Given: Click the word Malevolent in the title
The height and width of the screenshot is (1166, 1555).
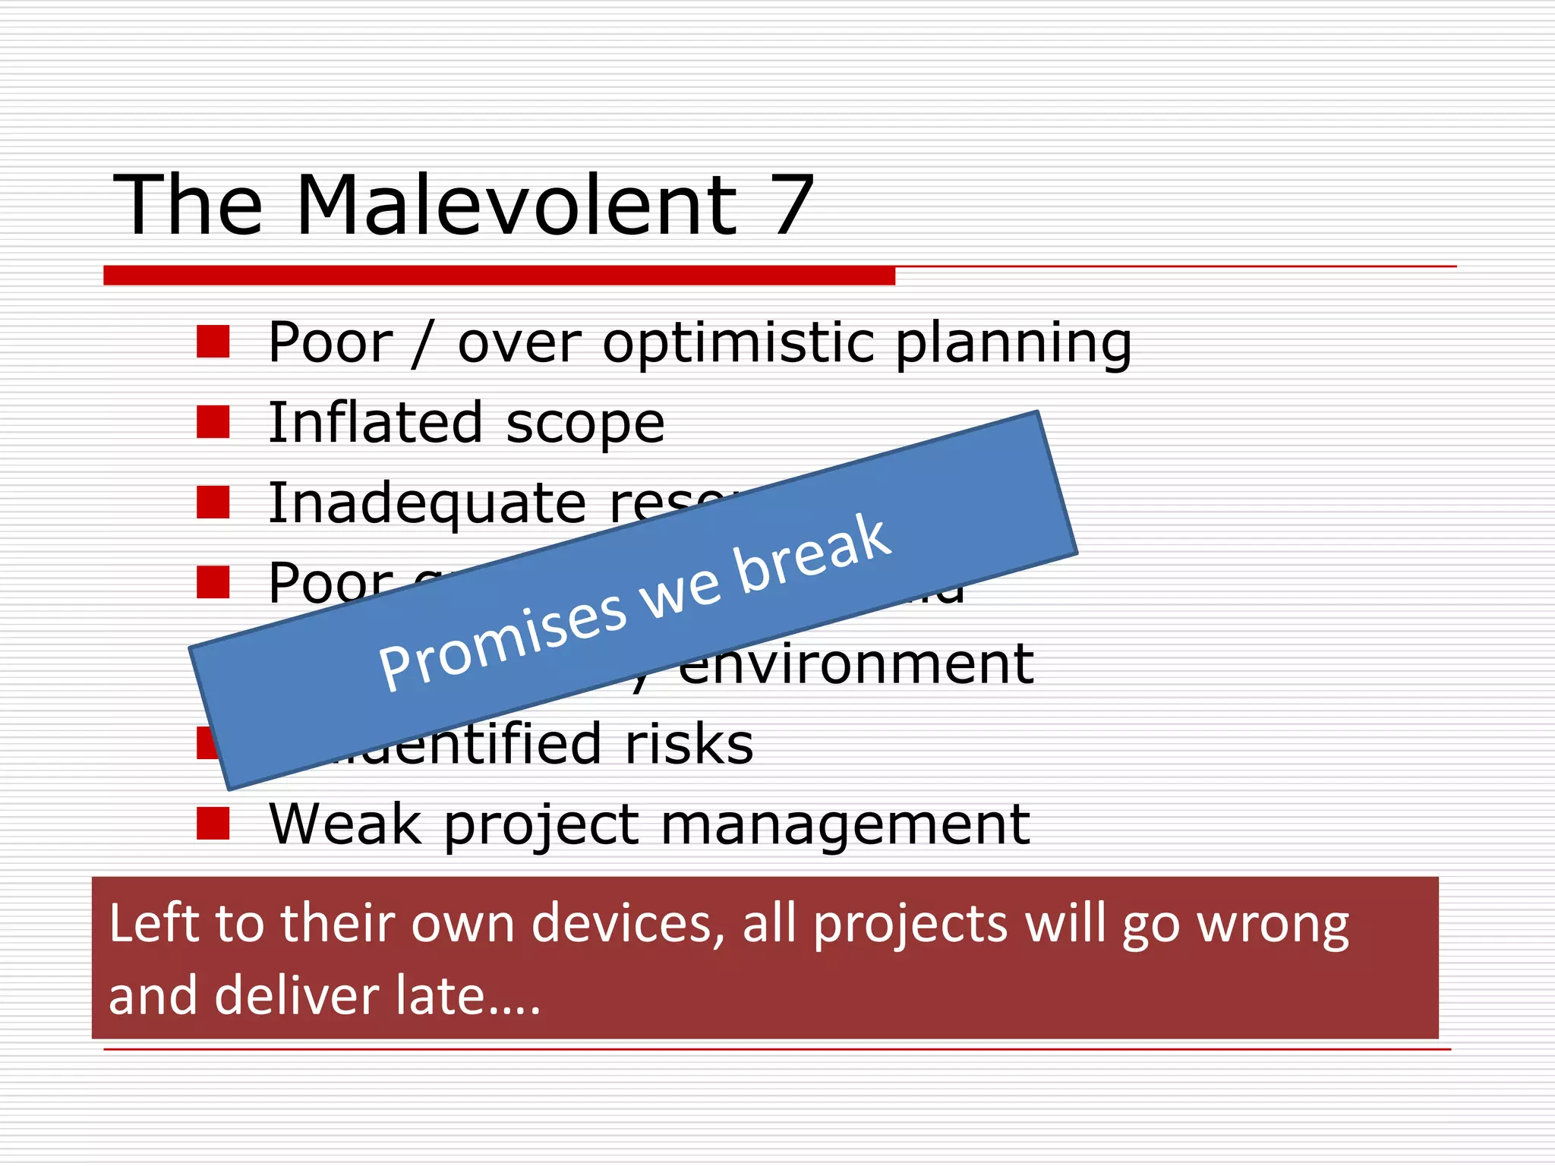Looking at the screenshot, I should (x=516, y=205).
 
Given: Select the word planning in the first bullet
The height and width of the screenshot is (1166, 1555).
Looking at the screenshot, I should (x=1014, y=343).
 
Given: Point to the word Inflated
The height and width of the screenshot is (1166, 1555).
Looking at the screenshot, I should (x=376, y=422).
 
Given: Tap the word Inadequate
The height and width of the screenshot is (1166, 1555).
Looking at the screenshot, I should (x=427, y=503).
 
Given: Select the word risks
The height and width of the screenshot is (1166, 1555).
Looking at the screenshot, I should (x=689, y=744).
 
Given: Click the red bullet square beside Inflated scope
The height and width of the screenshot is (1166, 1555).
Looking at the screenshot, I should (x=213, y=422).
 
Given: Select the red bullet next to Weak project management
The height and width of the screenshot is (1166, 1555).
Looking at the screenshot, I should (x=213, y=823).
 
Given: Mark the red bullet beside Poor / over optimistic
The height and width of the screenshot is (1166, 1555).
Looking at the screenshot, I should (x=213, y=342).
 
